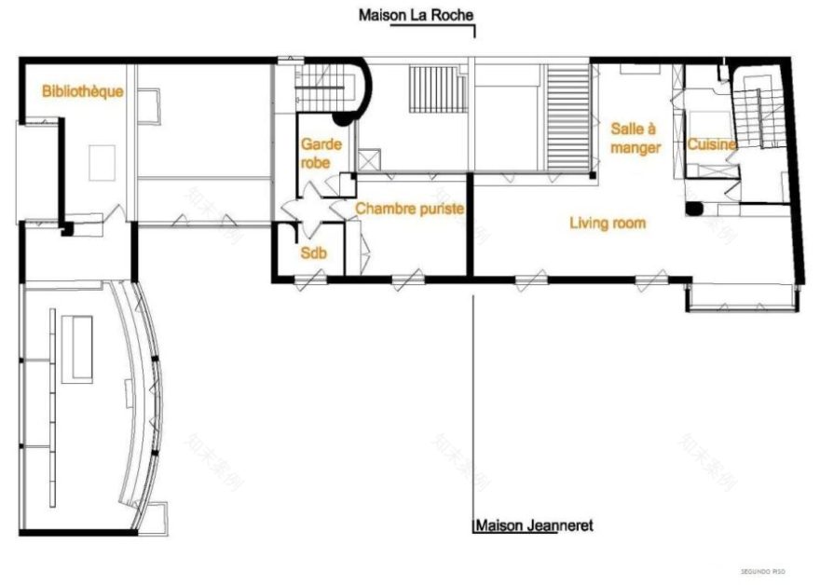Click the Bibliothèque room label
coord(83,91)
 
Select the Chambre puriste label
coord(409,210)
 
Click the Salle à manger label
coord(635,138)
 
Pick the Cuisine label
coord(712,144)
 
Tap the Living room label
coord(608,224)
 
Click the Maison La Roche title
coord(416,15)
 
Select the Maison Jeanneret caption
coord(534,525)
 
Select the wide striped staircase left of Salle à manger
coord(567,116)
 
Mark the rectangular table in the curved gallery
coord(78,347)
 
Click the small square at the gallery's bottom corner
coord(158,512)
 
